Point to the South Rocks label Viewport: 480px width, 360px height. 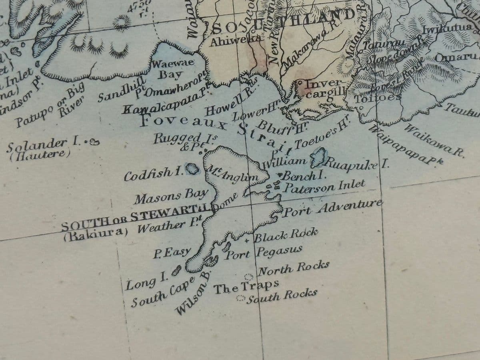282,295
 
